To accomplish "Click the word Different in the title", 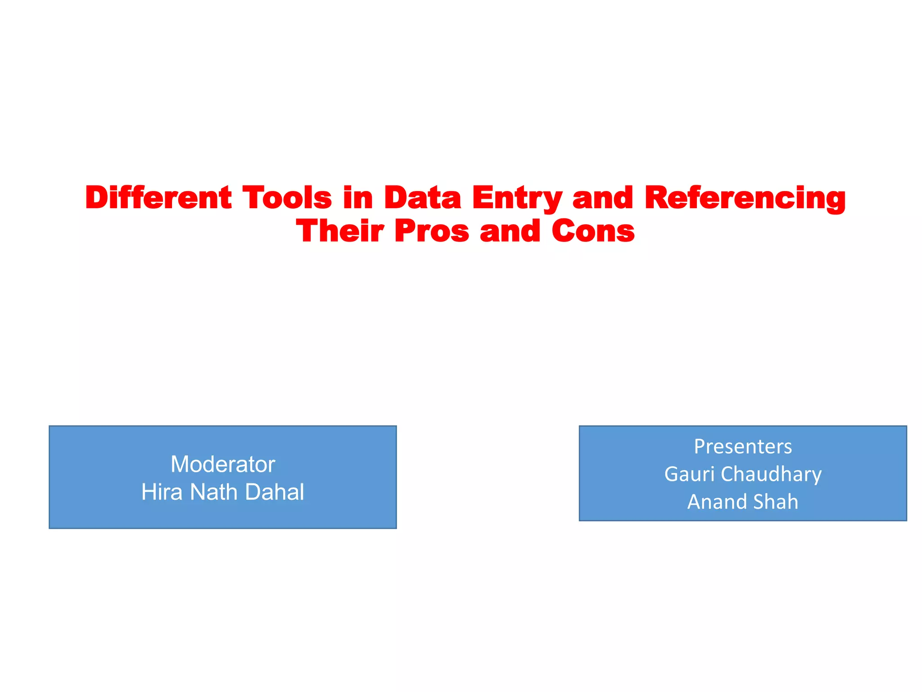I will click(x=158, y=198).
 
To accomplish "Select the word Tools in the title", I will click(x=287, y=198).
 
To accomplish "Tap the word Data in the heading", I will click(x=422, y=198).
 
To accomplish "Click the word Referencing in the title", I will click(x=745, y=199).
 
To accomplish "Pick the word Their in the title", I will click(x=340, y=231).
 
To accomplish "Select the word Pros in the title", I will click(x=431, y=231).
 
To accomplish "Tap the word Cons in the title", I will click(x=593, y=231).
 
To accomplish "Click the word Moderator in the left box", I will click(x=223, y=464).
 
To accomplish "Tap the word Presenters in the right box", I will click(x=743, y=446).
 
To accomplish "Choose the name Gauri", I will click(x=689, y=474).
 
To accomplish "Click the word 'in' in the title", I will click(x=358, y=198).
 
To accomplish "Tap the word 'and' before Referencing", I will click(x=603, y=198).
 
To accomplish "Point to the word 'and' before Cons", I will click(x=510, y=231).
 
